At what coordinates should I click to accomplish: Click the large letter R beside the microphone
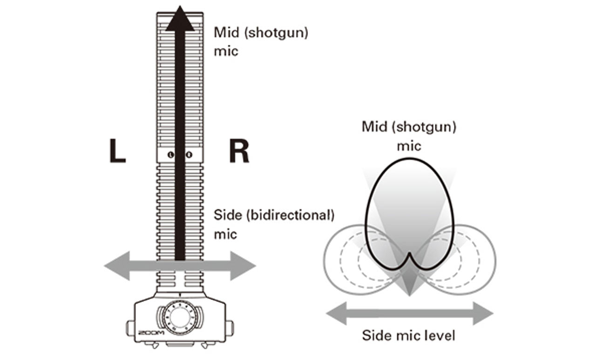tap(239, 152)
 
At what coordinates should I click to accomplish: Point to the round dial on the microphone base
tap(179, 317)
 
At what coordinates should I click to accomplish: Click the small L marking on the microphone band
tap(171, 155)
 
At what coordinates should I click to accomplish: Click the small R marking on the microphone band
tap(188, 155)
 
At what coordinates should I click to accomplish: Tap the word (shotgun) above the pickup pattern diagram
tap(432, 127)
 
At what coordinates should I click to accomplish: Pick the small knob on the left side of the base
tap(129, 325)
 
